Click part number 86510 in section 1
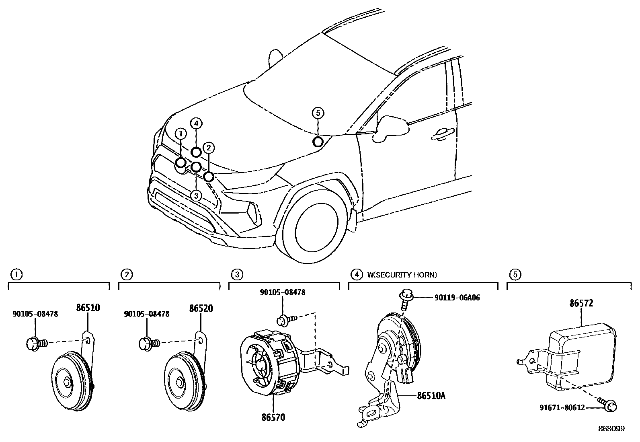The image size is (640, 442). pyautogui.click(x=88, y=308)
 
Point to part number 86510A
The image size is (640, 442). pyautogui.click(x=431, y=396)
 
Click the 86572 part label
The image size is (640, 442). pyautogui.click(x=581, y=304)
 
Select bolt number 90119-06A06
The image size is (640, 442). pyautogui.click(x=457, y=298)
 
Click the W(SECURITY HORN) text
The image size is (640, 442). pyautogui.click(x=402, y=275)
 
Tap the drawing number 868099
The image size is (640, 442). pyautogui.click(x=611, y=429)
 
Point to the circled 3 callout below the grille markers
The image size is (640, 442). pyautogui.click(x=196, y=196)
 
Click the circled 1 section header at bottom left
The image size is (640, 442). pyautogui.click(x=16, y=275)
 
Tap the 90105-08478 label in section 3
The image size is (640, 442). pyautogui.click(x=282, y=293)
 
